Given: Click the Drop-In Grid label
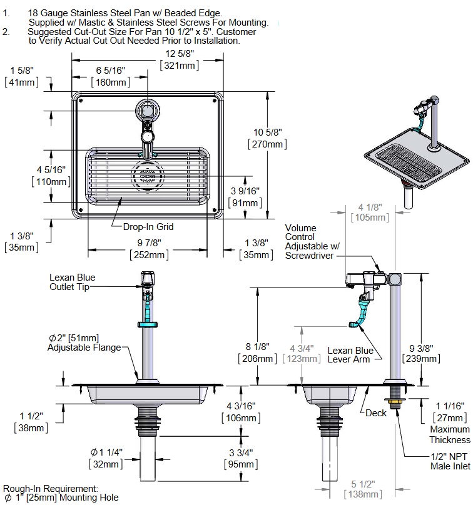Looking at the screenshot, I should [146, 227].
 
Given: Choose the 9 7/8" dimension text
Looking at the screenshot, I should [148, 243].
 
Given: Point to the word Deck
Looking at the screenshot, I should [376, 412].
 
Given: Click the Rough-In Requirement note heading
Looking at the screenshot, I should [50, 488].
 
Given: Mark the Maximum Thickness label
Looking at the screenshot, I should [449, 434].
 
